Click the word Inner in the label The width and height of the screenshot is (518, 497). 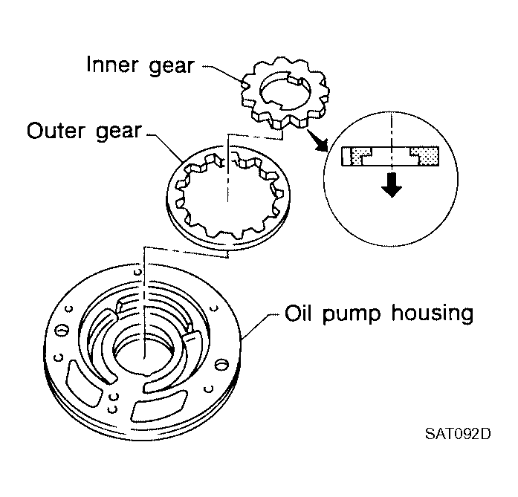112,65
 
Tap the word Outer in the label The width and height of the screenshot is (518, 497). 56,131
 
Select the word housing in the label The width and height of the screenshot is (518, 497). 432,313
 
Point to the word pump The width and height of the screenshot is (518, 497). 352,315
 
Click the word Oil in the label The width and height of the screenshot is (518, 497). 298,313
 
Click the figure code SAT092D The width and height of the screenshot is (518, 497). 458,434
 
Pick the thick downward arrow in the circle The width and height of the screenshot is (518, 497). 392,185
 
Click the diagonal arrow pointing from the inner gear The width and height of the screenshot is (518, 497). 317,140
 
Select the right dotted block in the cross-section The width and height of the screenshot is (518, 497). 426,155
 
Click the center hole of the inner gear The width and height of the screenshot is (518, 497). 285,91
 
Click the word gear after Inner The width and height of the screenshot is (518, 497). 172,67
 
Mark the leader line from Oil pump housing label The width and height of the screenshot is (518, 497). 262,326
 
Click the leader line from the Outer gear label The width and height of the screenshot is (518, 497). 165,147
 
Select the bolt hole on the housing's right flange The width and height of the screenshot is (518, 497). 221,365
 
